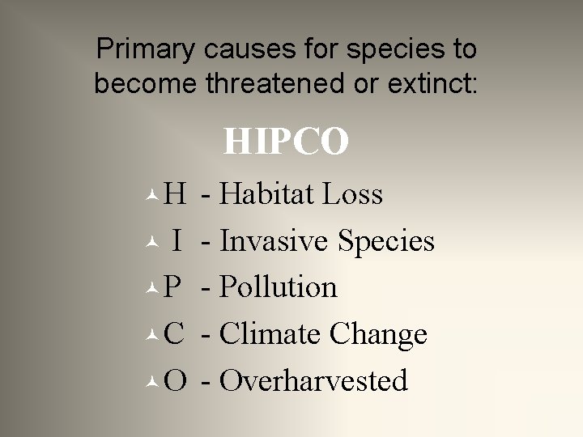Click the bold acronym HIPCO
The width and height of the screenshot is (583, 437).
(286, 142)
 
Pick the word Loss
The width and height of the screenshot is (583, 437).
(352, 194)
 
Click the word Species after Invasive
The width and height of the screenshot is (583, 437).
(386, 242)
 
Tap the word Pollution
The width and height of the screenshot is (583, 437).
(278, 287)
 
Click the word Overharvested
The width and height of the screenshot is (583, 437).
(313, 380)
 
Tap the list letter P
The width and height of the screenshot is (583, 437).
(172, 287)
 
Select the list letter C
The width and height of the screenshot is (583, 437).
(174, 333)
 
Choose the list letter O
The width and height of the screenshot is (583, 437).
(175, 380)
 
